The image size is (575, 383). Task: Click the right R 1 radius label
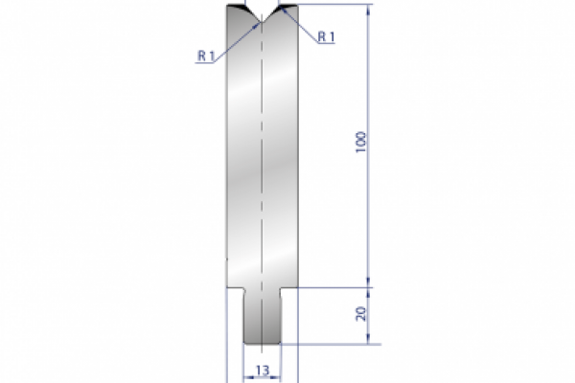point(326,36)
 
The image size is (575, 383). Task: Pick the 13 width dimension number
point(262,369)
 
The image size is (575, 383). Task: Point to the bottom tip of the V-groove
point(262,20)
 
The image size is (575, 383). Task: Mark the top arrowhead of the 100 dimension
point(368,9)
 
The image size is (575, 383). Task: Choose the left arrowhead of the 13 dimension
point(246,376)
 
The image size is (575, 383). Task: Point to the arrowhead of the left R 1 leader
point(254,26)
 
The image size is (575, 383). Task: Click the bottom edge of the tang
point(262,343)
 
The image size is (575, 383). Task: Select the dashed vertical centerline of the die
point(262,172)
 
